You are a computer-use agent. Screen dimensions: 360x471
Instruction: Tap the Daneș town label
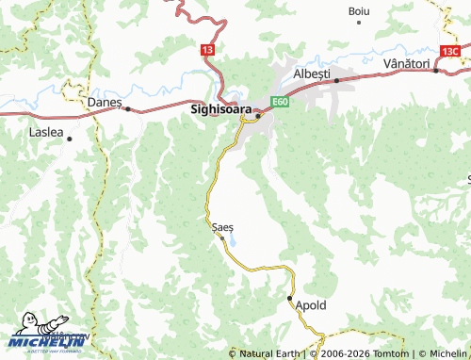pos(105,100)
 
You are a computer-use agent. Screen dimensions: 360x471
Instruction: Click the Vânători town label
pos(406,62)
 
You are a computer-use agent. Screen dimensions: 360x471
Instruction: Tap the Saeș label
pos(222,227)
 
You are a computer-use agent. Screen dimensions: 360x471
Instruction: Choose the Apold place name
pos(311,305)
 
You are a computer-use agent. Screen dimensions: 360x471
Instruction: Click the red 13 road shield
pos(207,48)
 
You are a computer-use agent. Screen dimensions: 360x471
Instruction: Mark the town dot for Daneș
pos(127,108)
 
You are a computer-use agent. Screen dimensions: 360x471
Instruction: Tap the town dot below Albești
pos(336,81)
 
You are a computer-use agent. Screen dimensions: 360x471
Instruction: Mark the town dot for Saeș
pos(222,237)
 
